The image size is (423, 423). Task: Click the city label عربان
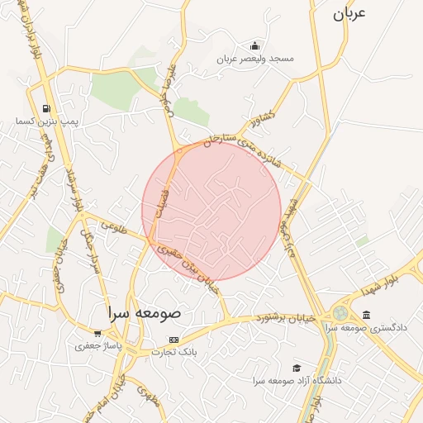click(349, 15)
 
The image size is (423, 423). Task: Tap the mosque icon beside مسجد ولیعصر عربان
click(254, 46)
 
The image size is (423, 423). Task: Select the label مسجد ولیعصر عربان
click(255, 59)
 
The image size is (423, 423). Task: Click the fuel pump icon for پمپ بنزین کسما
click(46, 108)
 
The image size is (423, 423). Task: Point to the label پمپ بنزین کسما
click(46, 121)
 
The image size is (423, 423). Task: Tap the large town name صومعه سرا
click(149, 315)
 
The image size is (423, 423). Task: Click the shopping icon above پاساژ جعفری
click(98, 333)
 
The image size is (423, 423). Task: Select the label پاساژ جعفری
click(98, 346)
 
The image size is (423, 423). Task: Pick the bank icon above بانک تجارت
click(173, 340)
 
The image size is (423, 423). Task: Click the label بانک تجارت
click(173, 352)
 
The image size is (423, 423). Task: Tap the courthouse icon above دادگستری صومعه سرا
click(367, 315)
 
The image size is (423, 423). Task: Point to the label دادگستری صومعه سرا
click(367, 328)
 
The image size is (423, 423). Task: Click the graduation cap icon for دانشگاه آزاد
click(297, 368)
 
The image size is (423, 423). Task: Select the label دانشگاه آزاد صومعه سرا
click(297, 382)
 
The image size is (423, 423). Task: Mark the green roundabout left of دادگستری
click(340, 314)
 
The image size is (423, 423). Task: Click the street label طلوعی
click(112, 232)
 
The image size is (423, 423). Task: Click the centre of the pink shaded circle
click(211, 210)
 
